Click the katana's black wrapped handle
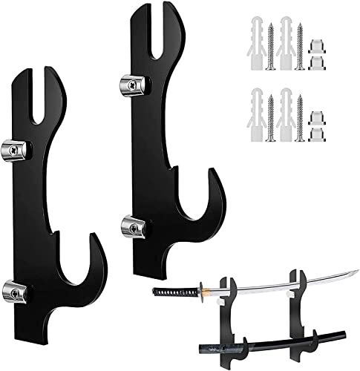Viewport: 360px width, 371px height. coord(175,290)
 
